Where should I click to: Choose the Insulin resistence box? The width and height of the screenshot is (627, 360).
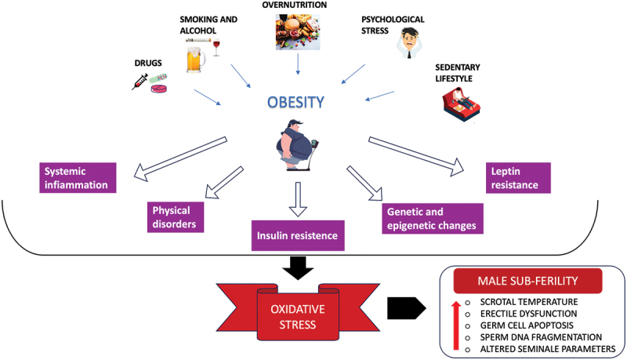tap(299, 235)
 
